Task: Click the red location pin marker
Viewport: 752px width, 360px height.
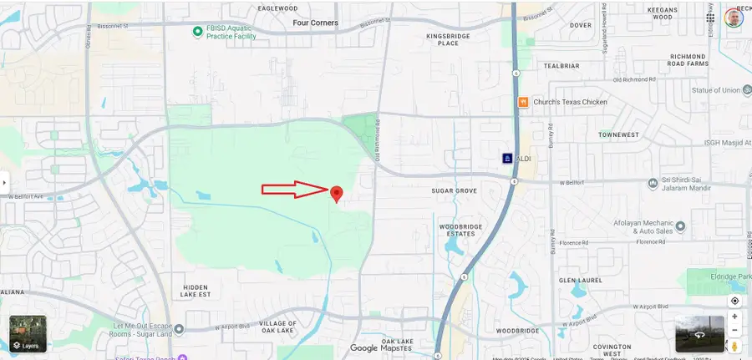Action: pyautogui.click(x=337, y=194)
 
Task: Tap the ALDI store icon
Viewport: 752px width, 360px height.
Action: pyautogui.click(x=506, y=158)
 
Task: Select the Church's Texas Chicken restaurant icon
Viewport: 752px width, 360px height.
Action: pyautogui.click(x=522, y=102)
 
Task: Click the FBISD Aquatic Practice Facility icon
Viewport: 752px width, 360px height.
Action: pyautogui.click(x=198, y=29)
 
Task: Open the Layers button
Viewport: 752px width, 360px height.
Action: pyautogui.click(x=28, y=334)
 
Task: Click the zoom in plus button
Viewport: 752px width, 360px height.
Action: pyautogui.click(x=734, y=317)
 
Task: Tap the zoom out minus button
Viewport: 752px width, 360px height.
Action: pyautogui.click(x=734, y=332)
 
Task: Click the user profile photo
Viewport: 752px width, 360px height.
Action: pyautogui.click(x=734, y=18)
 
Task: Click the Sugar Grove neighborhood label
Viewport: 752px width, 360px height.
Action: pyautogui.click(x=454, y=191)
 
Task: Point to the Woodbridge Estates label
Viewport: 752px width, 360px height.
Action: pyautogui.click(x=455, y=229)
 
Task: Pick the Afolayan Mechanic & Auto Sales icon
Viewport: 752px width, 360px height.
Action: pyautogui.click(x=679, y=226)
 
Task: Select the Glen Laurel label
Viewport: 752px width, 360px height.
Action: pyautogui.click(x=580, y=281)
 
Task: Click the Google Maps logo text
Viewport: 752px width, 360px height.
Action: pyautogui.click(x=376, y=348)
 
